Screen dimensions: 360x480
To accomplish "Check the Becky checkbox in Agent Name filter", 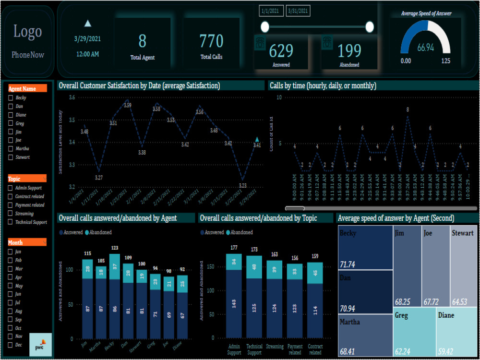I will pyautogui.click(x=11, y=98).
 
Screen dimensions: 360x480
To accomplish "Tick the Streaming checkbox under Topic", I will pyautogui.click(x=11, y=214).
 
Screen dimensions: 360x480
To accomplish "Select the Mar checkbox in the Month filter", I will pyautogui.click(x=11, y=269).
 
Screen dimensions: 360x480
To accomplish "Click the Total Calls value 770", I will pyautogui.click(x=211, y=41).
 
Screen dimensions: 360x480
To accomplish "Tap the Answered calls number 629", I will pyautogui.click(x=281, y=50).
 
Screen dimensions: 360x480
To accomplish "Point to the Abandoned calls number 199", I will pyautogui.click(x=349, y=50).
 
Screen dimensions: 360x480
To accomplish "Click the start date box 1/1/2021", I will pyautogui.click(x=271, y=11).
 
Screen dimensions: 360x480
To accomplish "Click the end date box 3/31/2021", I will pyautogui.click(x=298, y=11).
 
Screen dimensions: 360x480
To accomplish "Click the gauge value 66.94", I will pyautogui.click(x=425, y=48).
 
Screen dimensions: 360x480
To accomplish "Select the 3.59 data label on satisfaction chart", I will pyautogui.click(x=127, y=105).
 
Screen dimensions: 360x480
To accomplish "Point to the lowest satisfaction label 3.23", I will pyautogui.click(x=242, y=185).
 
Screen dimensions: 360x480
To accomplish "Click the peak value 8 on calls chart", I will pyautogui.click(x=408, y=109).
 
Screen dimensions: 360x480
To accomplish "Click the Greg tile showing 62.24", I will pyautogui.click(x=414, y=331).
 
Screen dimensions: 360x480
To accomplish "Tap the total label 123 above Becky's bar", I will pyautogui.click(x=114, y=248).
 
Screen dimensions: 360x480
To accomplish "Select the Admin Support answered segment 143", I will pyautogui.click(x=234, y=303).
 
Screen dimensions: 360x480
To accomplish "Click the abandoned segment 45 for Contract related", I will pyautogui.click(x=314, y=273).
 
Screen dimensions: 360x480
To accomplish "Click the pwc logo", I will pyautogui.click(x=40, y=346).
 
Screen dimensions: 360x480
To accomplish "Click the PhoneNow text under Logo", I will pyautogui.click(x=28, y=55).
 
